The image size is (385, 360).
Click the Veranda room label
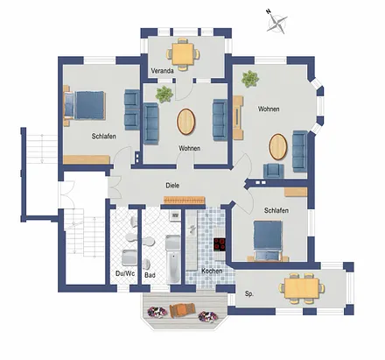[162, 71]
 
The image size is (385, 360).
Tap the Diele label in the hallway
[172, 186]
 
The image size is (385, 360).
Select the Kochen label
[212, 271]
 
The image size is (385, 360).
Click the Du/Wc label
[125, 273]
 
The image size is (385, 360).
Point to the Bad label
[150, 275]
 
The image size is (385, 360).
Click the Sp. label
[249, 293]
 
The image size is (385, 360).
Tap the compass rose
[276, 22]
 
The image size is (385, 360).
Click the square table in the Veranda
[183, 54]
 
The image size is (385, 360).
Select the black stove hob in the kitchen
[220, 244]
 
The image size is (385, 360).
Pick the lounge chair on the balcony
[182, 310]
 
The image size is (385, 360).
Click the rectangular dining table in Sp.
[302, 288]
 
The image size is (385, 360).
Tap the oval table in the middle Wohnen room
[186, 122]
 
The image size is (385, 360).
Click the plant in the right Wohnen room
[250, 79]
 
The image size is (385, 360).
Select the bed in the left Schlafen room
[84, 105]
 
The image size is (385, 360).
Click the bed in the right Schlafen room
[268, 240]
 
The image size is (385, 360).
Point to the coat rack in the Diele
[184, 200]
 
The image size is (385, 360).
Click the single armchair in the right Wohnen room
[274, 171]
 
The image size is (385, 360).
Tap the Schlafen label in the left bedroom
[104, 136]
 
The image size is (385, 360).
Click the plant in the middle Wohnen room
[164, 94]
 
